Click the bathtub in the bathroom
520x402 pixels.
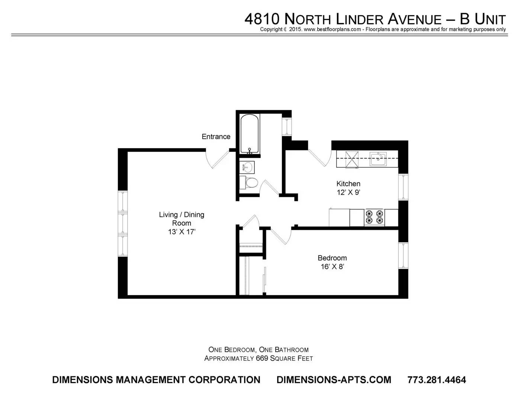250,134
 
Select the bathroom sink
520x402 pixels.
247,167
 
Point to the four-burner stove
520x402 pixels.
374,217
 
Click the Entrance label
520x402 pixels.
216,137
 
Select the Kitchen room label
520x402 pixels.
348,184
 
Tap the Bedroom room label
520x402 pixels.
332,258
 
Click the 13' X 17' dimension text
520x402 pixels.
182,232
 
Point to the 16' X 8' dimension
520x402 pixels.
332,267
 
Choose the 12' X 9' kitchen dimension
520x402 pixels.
348,192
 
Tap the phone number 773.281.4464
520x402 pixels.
437,380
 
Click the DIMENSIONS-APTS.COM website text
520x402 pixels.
334,380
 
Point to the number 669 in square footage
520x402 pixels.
262,358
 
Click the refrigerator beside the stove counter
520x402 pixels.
339,217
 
